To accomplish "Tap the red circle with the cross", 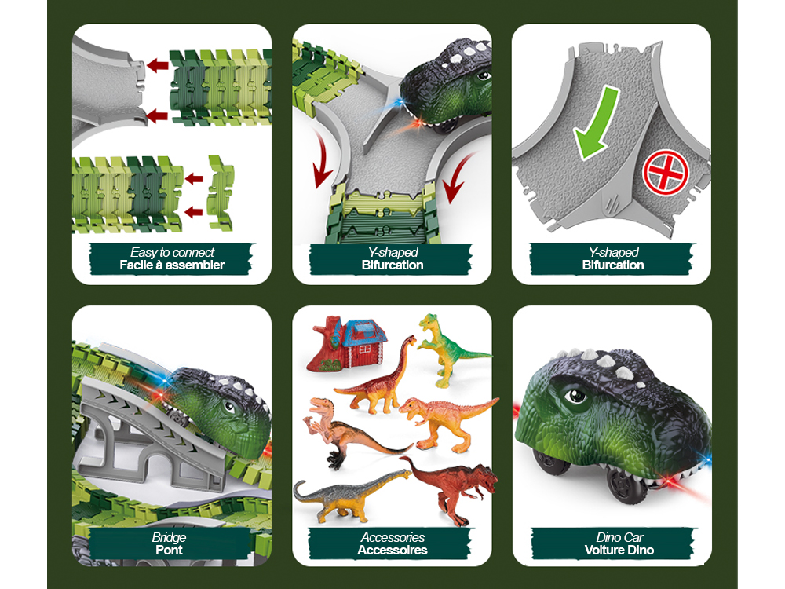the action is point(666,172).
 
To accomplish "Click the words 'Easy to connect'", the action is point(172,252).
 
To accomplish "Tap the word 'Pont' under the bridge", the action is point(170,550).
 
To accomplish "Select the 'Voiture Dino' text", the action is point(619,550).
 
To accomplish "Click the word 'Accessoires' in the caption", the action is point(392,550).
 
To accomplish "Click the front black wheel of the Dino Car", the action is point(626,485).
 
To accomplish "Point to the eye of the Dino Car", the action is point(575,396).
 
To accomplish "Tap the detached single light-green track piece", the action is point(221,193).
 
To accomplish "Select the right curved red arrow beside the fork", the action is point(457,177).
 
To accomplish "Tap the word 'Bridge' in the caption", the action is point(170,537).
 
